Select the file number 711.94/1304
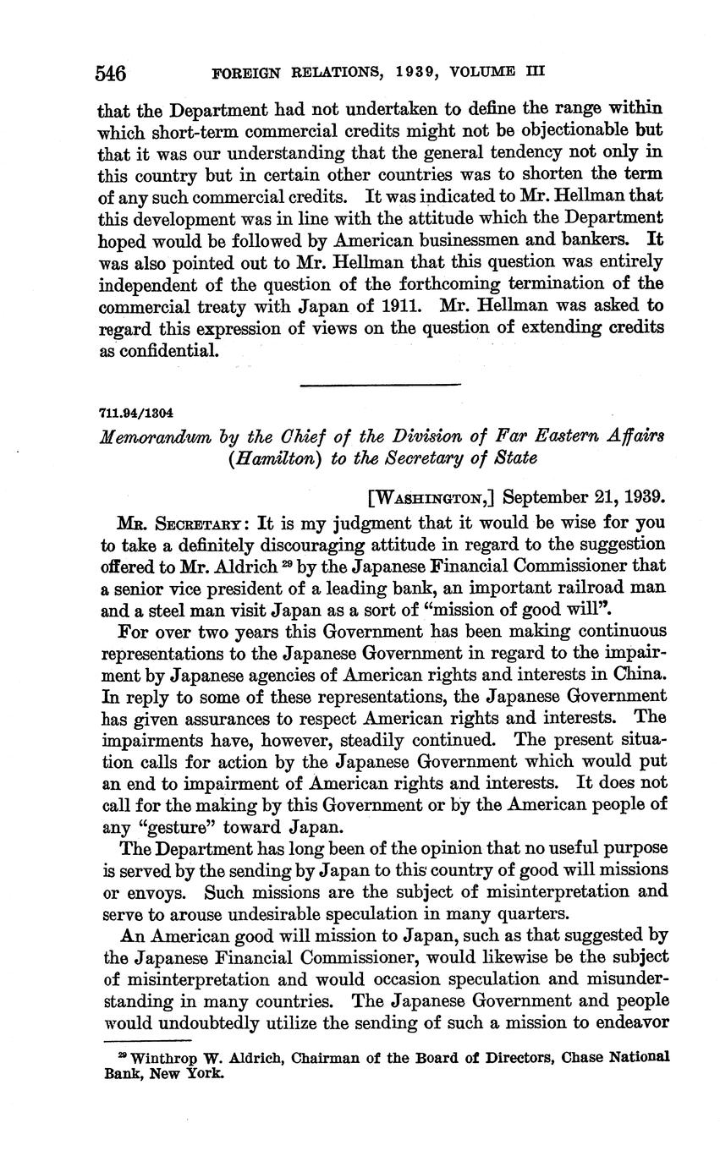(136, 414)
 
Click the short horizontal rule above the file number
(380, 385)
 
